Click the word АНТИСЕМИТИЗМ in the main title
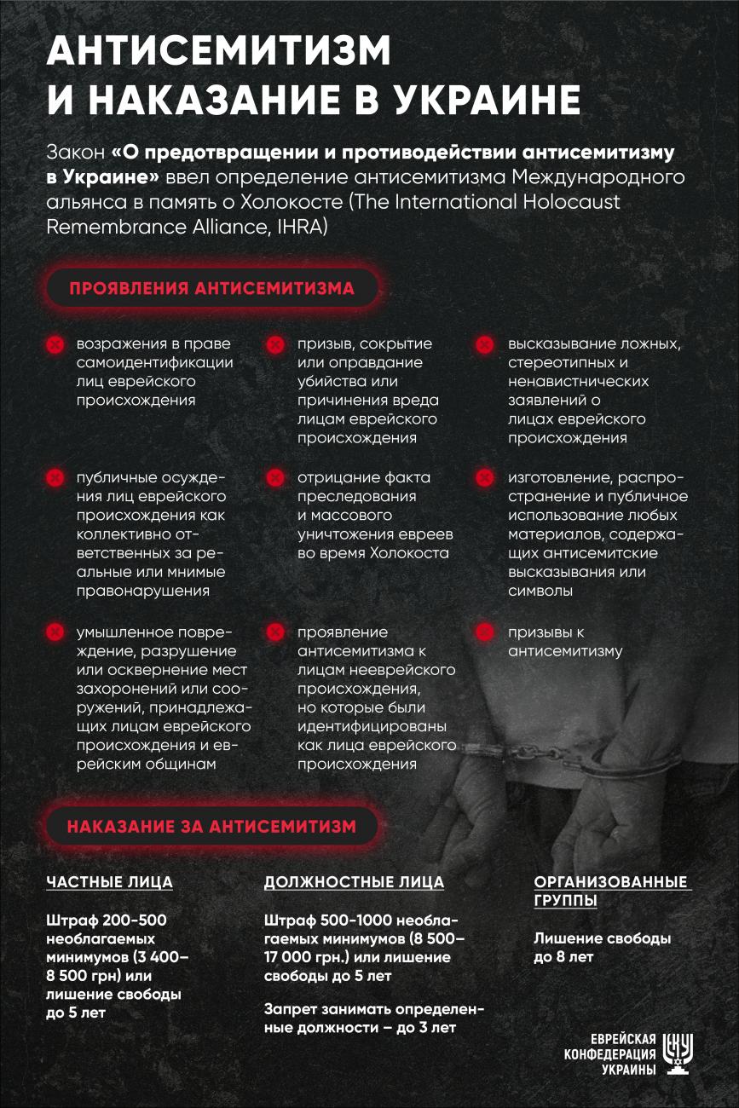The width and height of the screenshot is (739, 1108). [x=219, y=52]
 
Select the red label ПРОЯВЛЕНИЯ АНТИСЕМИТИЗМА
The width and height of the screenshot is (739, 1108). [x=212, y=288]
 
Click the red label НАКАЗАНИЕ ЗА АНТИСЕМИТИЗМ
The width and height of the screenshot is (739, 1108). [x=211, y=825]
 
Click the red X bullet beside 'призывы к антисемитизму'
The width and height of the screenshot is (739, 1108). [x=484, y=632]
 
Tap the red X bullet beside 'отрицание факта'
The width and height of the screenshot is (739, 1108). [x=274, y=478]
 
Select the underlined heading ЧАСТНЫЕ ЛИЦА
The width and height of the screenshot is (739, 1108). [x=109, y=882]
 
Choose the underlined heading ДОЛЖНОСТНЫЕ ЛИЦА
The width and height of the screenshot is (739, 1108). [x=354, y=882]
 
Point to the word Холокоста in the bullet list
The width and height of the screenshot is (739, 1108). [x=409, y=553]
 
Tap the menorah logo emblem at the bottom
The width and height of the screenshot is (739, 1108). [x=679, y=1055]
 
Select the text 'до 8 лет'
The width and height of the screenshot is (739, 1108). [x=563, y=957]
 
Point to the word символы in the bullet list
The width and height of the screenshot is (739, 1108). [x=540, y=591]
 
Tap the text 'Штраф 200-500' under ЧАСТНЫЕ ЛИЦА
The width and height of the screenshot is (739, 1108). [x=106, y=920]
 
